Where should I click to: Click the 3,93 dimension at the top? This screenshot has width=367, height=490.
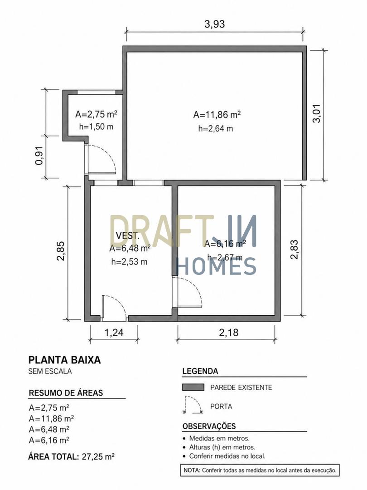(214, 24)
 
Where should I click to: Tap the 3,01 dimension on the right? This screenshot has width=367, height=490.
(317, 114)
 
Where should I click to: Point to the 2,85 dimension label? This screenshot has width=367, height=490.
(61, 250)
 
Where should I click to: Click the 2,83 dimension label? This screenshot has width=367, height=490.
(295, 249)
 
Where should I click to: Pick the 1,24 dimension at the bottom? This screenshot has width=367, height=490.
(114, 332)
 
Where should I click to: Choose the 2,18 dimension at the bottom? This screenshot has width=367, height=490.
(229, 332)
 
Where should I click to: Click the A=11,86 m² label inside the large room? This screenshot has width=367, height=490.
(217, 115)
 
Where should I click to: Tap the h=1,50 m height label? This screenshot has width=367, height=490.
(96, 127)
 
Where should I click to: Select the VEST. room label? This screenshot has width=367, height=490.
(127, 235)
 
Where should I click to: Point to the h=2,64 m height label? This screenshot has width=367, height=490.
(216, 128)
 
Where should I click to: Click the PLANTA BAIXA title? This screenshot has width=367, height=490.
(65, 360)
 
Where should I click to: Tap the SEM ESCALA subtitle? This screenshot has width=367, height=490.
(50, 371)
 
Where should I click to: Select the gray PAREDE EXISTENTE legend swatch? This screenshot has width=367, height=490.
(193, 387)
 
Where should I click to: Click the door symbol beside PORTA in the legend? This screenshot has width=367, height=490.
(193, 405)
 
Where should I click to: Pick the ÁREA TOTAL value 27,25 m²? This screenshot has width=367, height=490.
(98, 456)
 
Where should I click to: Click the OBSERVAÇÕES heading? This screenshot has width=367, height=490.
(209, 426)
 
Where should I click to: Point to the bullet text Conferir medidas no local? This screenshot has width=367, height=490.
(227, 456)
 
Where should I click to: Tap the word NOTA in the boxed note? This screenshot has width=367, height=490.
(191, 470)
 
